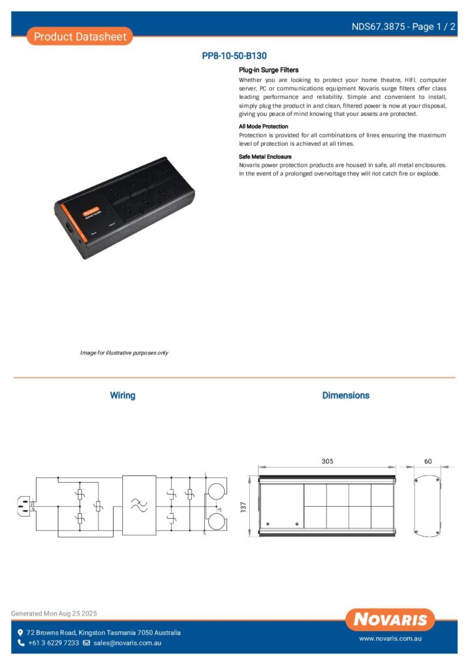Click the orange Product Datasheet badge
click(x=80, y=36)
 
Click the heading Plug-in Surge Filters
click(x=269, y=70)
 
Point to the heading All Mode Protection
click(x=263, y=126)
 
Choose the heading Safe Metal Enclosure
click(x=265, y=157)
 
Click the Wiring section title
click(x=122, y=395)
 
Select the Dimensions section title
click(x=345, y=395)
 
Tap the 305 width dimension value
click(x=327, y=461)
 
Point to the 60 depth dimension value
click(x=427, y=461)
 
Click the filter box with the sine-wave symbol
click(x=139, y=505)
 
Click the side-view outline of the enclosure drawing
click(x=427, y=505)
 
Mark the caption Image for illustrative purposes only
click(x=124, y=352)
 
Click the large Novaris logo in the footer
click(x=390, y=619)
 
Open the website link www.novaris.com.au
click(x=391, y=640)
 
